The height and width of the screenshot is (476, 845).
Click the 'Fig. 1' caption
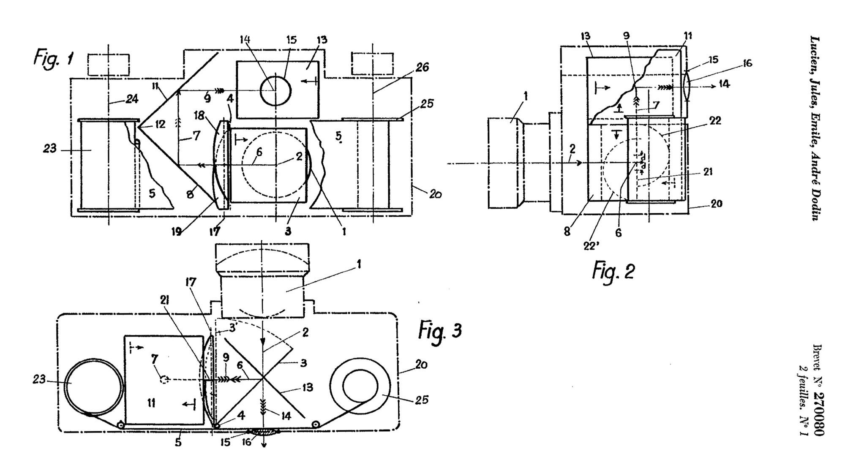(x=54, y=57)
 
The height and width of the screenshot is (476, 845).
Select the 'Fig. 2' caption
(x=613, y=271)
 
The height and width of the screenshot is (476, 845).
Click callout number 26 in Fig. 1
(x=422, y=67)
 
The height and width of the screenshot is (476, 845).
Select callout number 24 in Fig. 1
(x=132, y=99)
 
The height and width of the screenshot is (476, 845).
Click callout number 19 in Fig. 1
(x=177, y=231)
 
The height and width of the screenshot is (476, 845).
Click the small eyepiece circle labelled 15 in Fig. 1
(x=275, y=90)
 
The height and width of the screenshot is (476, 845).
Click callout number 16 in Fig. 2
(x=747, y=63)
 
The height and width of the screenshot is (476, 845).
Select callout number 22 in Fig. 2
(x=715, y=121)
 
